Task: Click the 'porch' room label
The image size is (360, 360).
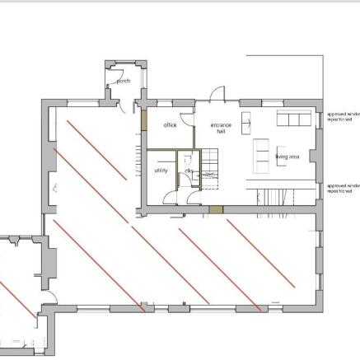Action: pos(124,82)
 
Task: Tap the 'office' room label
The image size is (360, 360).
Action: pos(170,125)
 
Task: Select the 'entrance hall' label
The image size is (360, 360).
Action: pos(220,128)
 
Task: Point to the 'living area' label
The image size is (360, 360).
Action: pos(288,156)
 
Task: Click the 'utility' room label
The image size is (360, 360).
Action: pos(161,171)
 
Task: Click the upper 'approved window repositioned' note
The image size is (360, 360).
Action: pos(343,117)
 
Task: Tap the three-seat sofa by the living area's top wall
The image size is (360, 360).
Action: pos(292,119)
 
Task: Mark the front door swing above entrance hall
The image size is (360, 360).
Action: pos(217,93)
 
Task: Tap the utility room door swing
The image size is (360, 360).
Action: pos(170,195)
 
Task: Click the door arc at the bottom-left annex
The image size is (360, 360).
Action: pos(51,297)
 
